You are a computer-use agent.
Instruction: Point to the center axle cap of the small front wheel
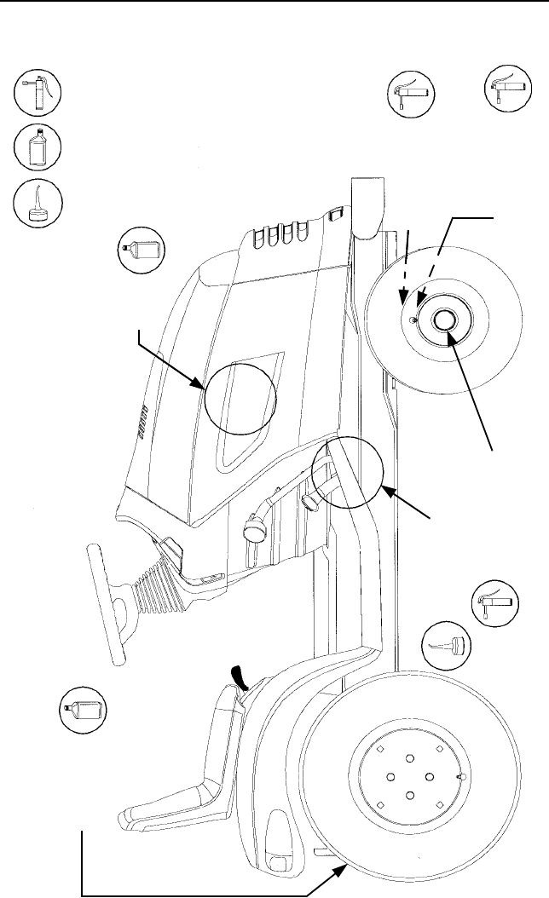444,322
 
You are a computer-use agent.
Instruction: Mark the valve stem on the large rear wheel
459,778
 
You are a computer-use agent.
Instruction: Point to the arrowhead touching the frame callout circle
386,491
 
